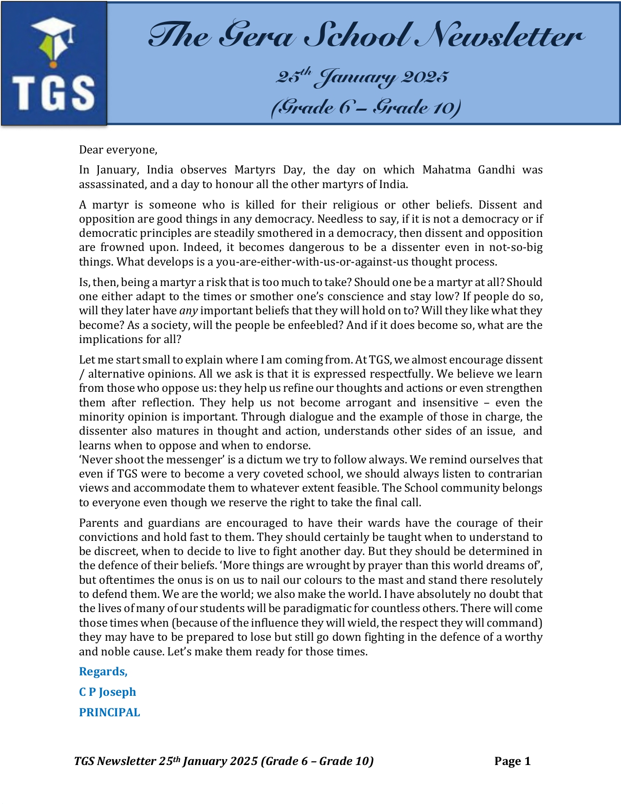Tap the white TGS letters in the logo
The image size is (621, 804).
pos(54,92)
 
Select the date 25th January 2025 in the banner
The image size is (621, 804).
pos(362,77)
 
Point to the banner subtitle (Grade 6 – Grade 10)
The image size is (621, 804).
pos(365,107)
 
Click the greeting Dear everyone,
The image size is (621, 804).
pos(118,150)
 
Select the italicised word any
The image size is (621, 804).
pos(188,311)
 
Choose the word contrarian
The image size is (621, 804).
pos(515,474)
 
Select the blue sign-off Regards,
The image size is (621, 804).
pos(103,671)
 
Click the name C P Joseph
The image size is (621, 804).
pos(108,692)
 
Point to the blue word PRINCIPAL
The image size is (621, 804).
pos(110,712)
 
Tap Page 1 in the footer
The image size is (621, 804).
pos(512,761)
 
